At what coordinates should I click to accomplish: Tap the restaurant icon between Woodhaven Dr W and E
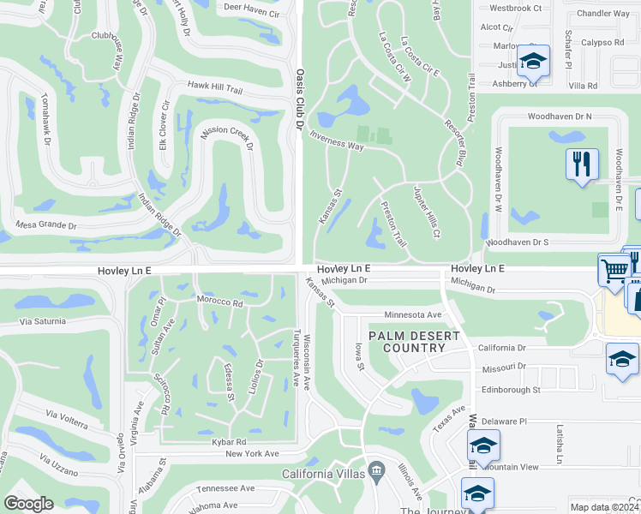(582, 163)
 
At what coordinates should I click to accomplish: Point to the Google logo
(28, 504)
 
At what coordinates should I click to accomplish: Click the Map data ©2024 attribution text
(604, 507)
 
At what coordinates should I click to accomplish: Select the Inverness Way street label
(337, 140)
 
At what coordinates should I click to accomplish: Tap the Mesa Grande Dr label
(46, 226)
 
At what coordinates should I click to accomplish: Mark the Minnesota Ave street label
(412, 314)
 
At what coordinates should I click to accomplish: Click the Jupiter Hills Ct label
(427, 212)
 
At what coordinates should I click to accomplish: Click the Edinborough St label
(510, 389)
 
